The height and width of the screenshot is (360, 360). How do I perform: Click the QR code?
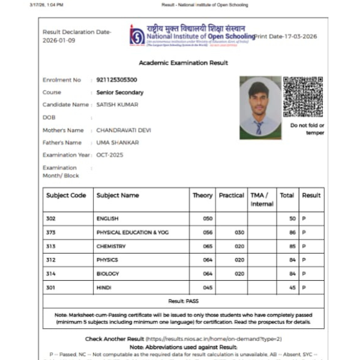[303, 97]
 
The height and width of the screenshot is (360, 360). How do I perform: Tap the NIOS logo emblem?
[137, 35]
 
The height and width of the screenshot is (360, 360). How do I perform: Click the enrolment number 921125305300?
[116, 80]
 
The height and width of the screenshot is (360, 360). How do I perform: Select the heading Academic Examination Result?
[183, 63]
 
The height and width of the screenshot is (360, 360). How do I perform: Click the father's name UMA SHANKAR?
[118, 143]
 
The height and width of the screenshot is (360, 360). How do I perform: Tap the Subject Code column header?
[66, 195]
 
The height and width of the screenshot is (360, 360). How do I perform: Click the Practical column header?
[231, 195]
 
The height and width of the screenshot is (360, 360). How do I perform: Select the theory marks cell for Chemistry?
[208, 247]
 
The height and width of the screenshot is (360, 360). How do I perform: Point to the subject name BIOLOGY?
[107, 274]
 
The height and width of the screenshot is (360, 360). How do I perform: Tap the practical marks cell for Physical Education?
[239, 233]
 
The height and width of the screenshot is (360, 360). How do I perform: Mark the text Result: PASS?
[183, 300]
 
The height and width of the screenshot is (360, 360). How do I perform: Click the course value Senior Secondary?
[120, 92]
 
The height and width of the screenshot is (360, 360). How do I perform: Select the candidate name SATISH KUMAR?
[117, 104]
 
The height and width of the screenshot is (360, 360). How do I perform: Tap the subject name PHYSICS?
[107, 260]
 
